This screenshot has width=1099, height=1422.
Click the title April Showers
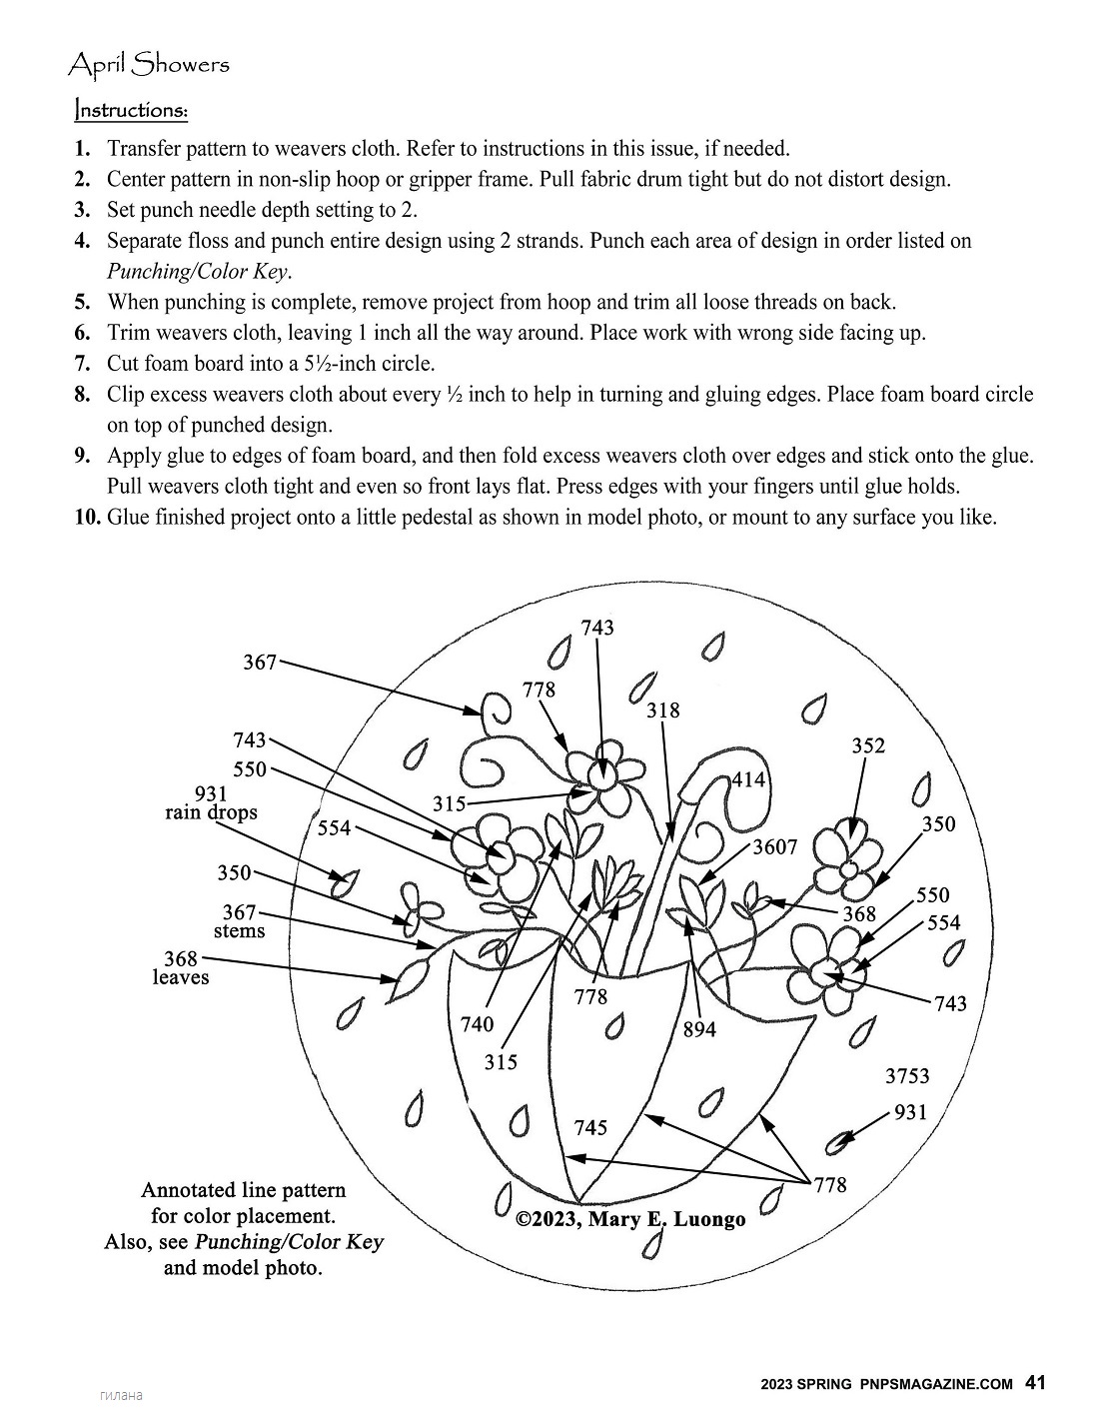[148, 65]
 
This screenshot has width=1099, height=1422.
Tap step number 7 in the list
[83, 364]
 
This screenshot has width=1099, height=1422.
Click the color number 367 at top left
[260, 662]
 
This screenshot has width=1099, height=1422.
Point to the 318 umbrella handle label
[662, 710]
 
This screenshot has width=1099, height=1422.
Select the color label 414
[749, 779]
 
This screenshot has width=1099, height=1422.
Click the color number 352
[868, 745]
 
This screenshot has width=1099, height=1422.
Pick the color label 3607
[775, 846]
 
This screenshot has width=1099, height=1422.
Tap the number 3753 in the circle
[907, 1076]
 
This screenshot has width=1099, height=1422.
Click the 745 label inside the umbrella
[590, 1127]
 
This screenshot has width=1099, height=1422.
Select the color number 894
[699, 1029]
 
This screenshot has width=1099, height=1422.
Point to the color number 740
[477, 1024]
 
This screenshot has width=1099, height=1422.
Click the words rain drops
[211, 812]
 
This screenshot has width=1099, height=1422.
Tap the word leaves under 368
[181, 977]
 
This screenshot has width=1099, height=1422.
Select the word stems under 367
[240, 931]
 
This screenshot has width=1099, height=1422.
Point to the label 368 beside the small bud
[859, 913]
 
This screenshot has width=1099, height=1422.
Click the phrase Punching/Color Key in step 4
[199, 272]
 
